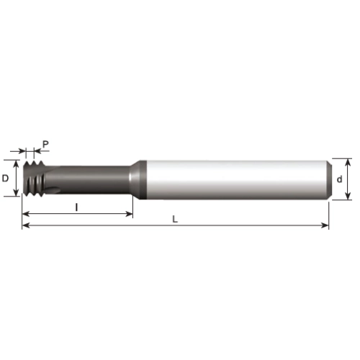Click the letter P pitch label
coord(45,144)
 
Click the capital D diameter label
coord(5,179)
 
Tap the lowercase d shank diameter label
coord(339,179)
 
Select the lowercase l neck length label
coord(76,207)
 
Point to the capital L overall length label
coord(175,219)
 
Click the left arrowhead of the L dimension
coord(26,225)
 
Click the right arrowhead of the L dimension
coord(325,225)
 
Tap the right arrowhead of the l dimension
coord(129,214)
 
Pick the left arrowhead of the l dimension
coord(26,214)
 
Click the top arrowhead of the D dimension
coord(16,164)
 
